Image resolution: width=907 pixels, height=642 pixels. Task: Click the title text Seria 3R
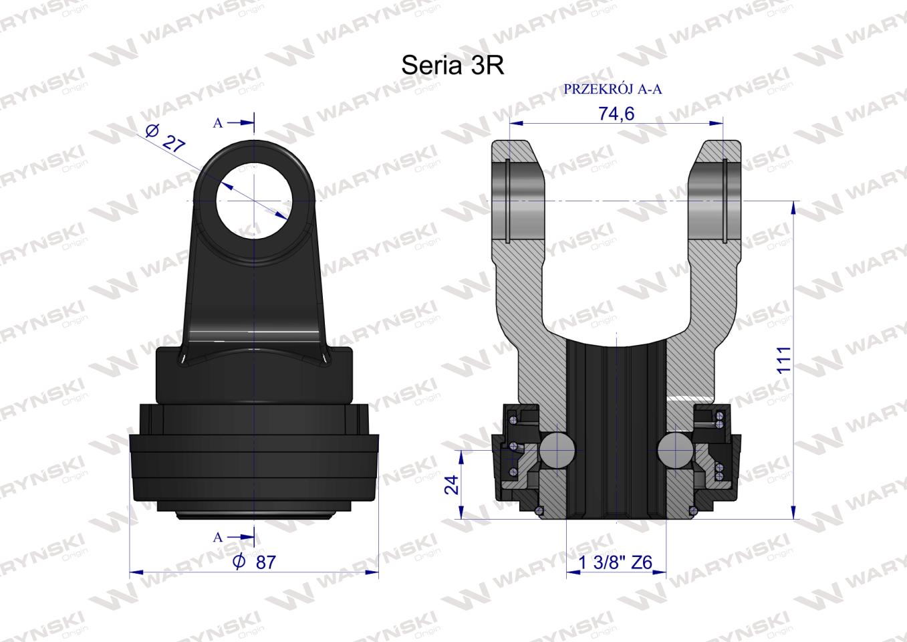[x=452, y=66]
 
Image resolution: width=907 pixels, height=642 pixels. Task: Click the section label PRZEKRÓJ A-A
[x=613, y=90]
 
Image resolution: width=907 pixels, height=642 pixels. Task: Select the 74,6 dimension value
[x=616, y=114]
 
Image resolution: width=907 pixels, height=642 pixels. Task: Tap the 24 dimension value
[x=450, y=484]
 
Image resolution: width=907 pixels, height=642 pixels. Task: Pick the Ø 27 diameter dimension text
[x=164, y=139]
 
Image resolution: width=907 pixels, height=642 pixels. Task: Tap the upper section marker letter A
[x=217, y=123]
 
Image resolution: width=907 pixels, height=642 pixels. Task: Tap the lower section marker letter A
[x=217, y=537]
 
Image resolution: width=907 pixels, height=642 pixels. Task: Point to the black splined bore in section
[x=616, y=428]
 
